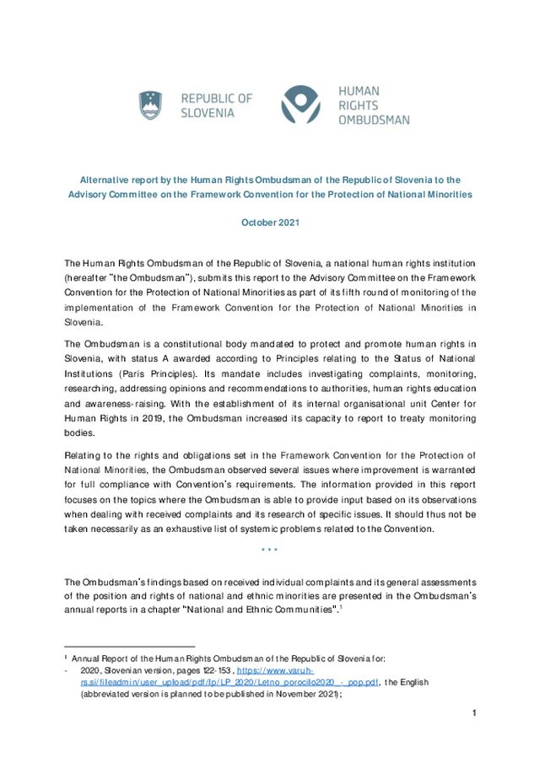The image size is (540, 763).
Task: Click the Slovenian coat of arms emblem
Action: click(150, 105)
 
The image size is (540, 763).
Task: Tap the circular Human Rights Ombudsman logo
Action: click(301, 105)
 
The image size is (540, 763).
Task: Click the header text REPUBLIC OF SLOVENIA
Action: click(216, 105)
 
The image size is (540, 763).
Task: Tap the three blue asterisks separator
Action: click(269, 550)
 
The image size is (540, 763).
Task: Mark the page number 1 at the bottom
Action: click(474, 714)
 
